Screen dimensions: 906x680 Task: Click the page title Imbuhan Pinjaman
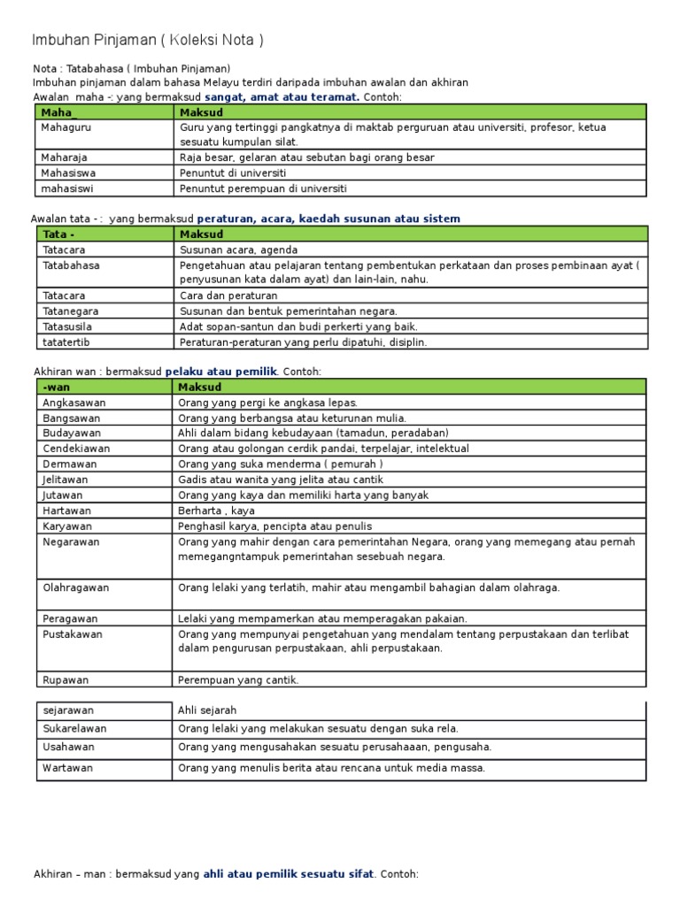coord(147,41)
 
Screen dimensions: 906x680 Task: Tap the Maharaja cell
coord(64,157)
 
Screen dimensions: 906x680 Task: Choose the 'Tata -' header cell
coord(59,234)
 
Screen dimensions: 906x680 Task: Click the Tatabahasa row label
coord(71,265)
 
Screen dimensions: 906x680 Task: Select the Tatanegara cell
coord(70,311)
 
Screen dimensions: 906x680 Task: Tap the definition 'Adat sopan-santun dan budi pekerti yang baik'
coord(298,326)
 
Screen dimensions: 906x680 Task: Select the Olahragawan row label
coord(75,587)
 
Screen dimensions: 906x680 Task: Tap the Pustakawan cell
coord(73,634)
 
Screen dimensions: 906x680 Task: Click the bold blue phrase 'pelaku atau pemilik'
coord(221,372)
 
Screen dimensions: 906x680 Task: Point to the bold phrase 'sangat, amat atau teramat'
coord(282,96)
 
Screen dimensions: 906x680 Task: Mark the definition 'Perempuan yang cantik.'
coord(238,680)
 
